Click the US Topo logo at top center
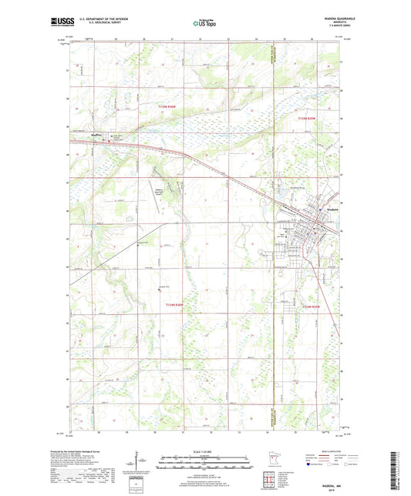tap(204, 24)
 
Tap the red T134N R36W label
tap(176, 305)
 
